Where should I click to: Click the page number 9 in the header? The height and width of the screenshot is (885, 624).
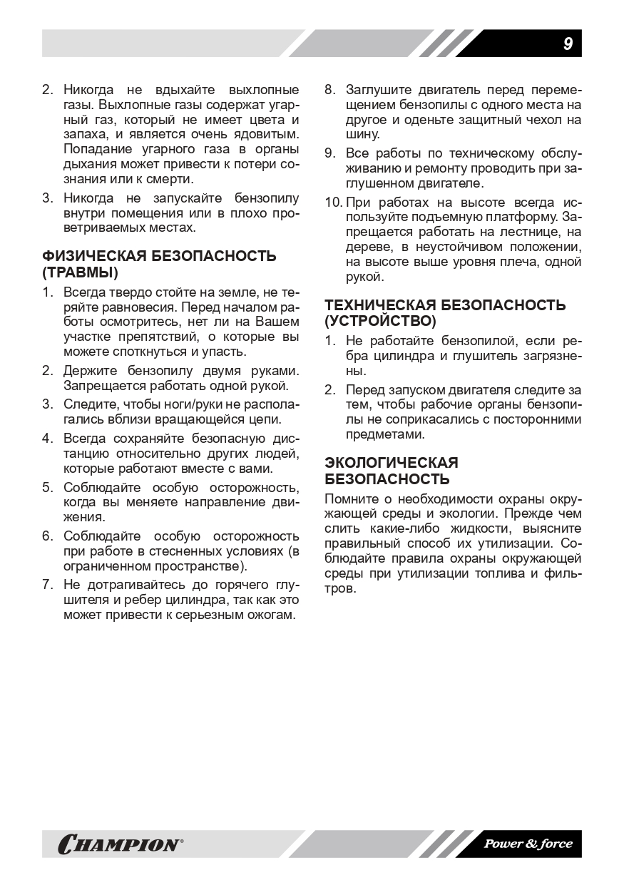(568, 44)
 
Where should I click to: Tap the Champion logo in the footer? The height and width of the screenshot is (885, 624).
(121, 844)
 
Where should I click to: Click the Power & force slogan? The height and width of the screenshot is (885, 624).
(528, 844)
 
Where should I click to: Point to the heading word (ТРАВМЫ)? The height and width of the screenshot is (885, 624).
(81, 272)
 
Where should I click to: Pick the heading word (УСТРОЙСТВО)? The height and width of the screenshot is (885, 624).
(380, 322)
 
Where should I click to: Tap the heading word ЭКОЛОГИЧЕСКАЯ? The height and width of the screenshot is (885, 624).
(392, 463)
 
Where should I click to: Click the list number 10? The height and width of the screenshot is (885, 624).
(332, 202)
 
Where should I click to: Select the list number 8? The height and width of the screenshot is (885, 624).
(329, 90)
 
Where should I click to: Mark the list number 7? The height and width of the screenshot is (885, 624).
(47, 585)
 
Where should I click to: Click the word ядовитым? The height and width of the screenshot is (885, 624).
(266, 134)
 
